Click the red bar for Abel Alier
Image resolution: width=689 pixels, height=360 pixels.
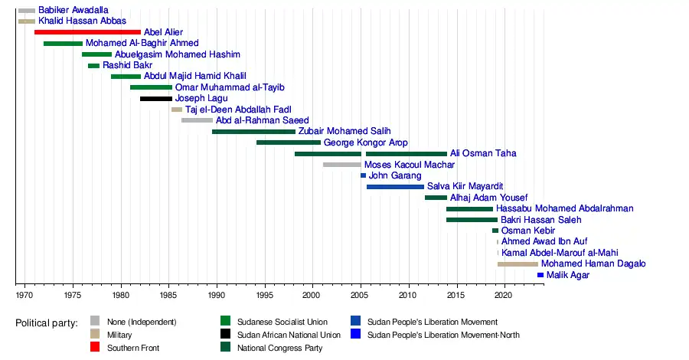tap(87, 32)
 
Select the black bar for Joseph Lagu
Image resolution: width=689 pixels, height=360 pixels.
tap(156, 99)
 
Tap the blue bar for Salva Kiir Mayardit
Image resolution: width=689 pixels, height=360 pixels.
tap(395, 186)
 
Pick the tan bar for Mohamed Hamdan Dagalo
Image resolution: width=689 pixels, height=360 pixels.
tap(518, 264)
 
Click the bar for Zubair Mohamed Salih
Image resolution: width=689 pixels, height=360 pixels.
tap(253, 132)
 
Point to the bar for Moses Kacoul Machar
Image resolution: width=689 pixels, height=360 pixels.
tap(341, 165)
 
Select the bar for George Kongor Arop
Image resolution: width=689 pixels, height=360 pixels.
tap(289, 142)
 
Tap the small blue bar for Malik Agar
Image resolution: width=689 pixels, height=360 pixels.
tap(540, 275)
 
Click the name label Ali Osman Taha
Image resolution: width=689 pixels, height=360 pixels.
tap(483, 154)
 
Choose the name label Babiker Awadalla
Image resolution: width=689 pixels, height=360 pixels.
tap(73, 10)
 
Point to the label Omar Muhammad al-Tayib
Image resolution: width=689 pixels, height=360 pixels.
tap(219, 87)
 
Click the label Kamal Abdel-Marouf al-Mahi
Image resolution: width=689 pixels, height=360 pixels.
tap(560, 253)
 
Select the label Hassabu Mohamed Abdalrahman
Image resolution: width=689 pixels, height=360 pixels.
tap(565, 209)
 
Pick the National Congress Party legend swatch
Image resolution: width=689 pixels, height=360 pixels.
tap(225, 349)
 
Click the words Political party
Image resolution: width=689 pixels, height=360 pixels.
tap(47, 323)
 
